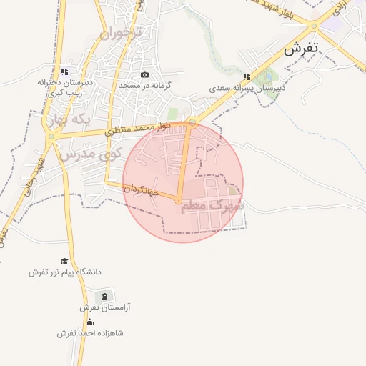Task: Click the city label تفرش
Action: (x=301, y=50)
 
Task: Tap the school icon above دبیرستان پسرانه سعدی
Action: (x=247, y=76)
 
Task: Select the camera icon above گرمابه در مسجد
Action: (x=145, y=74)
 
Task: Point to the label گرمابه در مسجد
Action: (x=146, y=85)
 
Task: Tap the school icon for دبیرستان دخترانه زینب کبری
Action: (x=64, y=71)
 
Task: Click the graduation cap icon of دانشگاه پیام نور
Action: (x=64, y=262)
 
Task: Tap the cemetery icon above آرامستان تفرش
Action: (x=104, y=296)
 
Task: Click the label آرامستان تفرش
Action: (x=104, y=307)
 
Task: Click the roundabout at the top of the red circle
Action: (x=192, y=122)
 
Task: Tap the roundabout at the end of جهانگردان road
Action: (x=178, y=201)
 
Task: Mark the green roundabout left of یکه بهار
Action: (x=51, y=136)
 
